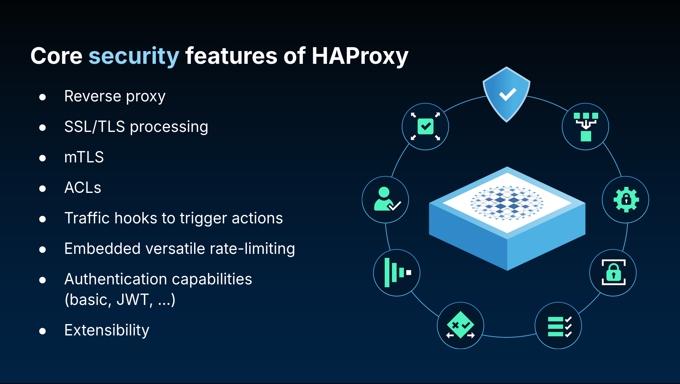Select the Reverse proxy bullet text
pos(115,96)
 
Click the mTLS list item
pos(84,157)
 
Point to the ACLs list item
pos(83,188)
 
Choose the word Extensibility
pos(107,330)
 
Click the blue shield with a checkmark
pos(507,94)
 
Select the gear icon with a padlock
pos(626,200)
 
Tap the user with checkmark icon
pos(387,200)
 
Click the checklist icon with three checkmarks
pos(560,326)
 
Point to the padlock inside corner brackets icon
pos(613,272)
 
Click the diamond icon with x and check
pos(460,325)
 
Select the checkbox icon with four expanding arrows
pos(425,126)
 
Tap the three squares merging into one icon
pos(586,127)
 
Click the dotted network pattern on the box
pos(507,203)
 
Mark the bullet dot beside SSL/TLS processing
pos(42,128)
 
